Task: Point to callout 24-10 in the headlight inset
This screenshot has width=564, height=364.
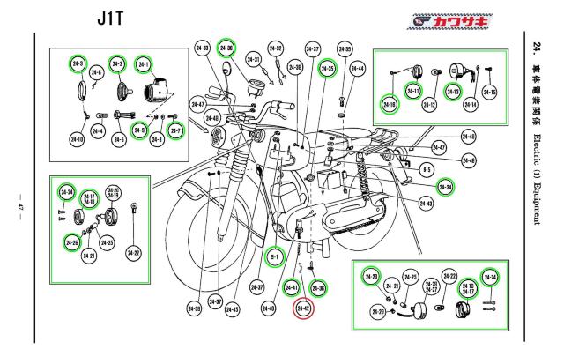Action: tap(76, 140)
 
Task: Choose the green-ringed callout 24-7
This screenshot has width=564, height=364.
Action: tap(175, 131)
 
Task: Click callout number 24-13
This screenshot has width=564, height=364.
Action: tap(455, 91)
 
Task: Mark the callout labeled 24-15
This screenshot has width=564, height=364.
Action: tap(489, 92)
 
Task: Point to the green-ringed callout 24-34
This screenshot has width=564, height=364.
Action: tap(447, 186)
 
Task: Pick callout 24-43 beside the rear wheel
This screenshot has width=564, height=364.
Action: tap(426, 204)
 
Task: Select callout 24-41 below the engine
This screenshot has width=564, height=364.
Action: tap(291, 288)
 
